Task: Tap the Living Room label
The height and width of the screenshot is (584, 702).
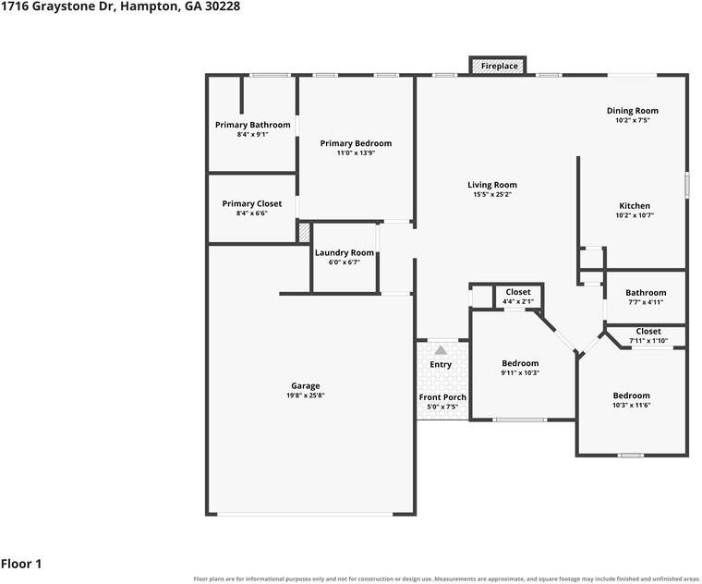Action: pyautogui.click(x=492, y=185)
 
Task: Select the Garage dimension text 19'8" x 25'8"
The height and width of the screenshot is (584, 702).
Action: pyautogui.click(x=306, y=395)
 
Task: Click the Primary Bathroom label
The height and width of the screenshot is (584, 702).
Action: pyautogui.click(x=252, y=125)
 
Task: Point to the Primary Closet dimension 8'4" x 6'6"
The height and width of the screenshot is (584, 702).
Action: pyautogui.click(x=251, y=213)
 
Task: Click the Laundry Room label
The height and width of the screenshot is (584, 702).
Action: pyautogui.click(x=345, y=252)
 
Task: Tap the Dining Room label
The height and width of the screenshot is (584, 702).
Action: pyautogui.click(x=632, y=111)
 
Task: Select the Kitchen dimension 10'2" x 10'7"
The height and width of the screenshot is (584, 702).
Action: pyautogui.click(x=635, y=215)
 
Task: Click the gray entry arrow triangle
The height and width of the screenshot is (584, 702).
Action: pyautogui.click(x=441, y=350)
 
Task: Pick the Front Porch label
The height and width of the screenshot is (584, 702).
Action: pyautogui.click(x=442, y=397)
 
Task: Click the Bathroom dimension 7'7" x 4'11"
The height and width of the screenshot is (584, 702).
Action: pyautogui.click(x=646, y=302)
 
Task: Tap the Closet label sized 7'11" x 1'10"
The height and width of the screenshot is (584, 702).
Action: pyautogui.click(x=648, y=332)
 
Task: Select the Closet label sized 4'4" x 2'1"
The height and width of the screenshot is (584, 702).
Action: pyautogui.click(x=518, y=292)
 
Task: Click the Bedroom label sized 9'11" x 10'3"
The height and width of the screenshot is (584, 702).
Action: pyautogui.click(x=520, y=363)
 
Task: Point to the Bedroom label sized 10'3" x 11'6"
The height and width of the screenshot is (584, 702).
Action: pyautogui.click(x=631, y=395)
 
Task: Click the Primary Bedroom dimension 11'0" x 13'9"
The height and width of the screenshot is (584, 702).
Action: pyautogui.click(x=356, y=152)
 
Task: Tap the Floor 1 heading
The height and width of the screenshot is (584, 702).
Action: pyautogui.click(x=21, y=564)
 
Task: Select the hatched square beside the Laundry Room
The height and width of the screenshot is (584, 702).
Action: pyautogui.click(x=304, y=233)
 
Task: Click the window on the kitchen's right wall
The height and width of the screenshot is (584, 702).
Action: pyautogui.click(x=687, y=185)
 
